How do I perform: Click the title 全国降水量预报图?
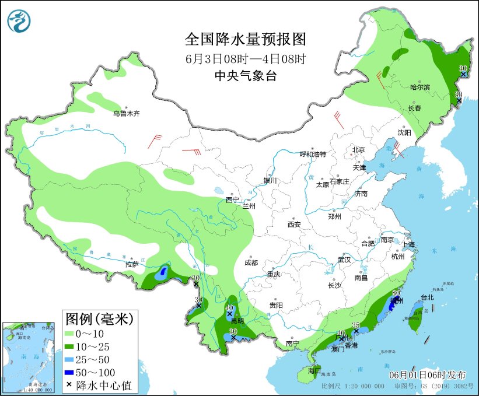pyautogui.click(x=245, y=39)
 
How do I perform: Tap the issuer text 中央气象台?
pyautogui.click(x=245, y=75)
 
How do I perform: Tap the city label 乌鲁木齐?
pyautogui.click(x=127, y=113)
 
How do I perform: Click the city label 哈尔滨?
pyautogui.click(x=419, y=87)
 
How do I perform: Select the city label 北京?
pyautogui.click(x=358, y=150)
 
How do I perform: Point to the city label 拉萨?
pyautogui.click(x=132, y=264)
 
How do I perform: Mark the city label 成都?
pyautogui.click(x=251, y=262)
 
